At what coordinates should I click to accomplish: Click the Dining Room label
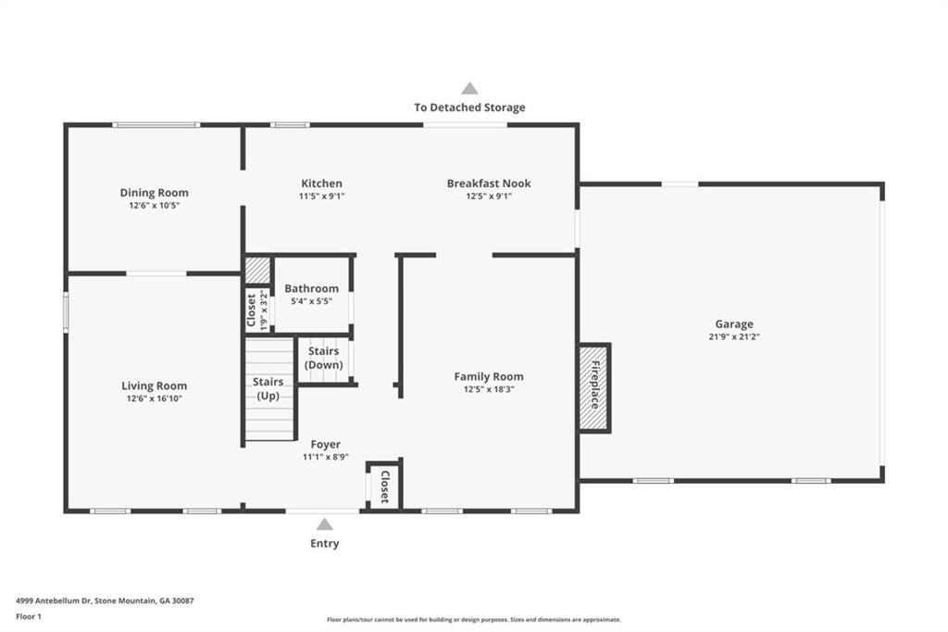click(154, 193)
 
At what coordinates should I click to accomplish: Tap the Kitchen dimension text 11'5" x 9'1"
click(321, 196)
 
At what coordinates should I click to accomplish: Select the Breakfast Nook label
click(489, 183)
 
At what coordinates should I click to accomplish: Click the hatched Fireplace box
click(594, 387)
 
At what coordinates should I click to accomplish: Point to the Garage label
click(733, 324)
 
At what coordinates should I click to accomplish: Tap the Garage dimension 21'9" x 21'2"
click(733, 337)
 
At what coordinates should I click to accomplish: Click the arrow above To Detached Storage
click(469, 89)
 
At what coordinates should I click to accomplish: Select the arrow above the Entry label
click(324, 525)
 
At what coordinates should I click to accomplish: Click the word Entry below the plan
click(324, 544)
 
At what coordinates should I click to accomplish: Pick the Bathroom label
click(311, 289)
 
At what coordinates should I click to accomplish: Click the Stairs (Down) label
click(324, 359)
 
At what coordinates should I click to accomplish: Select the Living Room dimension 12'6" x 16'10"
click(154, 398)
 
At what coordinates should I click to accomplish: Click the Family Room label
click(489, 376)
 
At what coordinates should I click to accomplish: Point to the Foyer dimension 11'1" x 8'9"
click(325, 457)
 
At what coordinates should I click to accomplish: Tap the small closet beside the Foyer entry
click(384, 485)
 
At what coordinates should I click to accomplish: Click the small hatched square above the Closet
click(257, 271)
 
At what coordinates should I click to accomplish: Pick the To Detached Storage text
click(469, 107)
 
